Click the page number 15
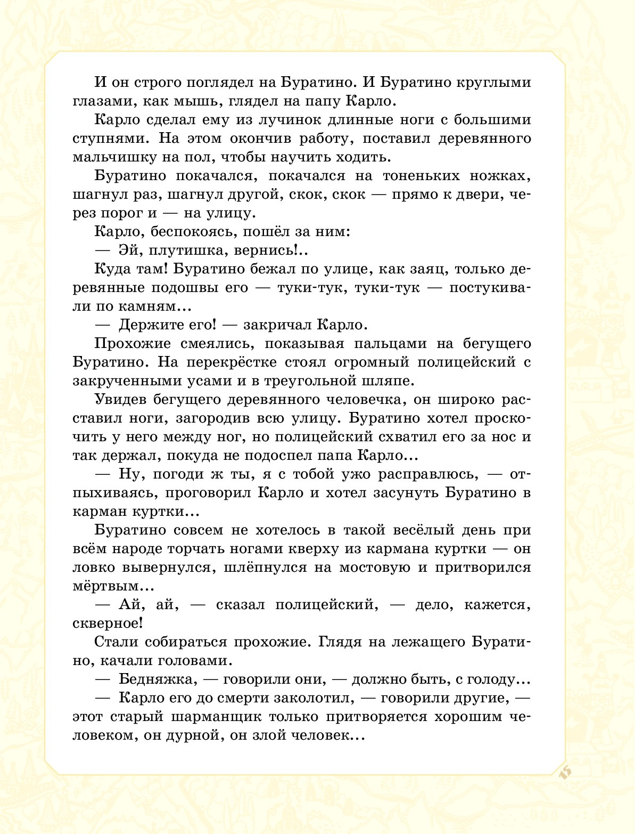point(565,771)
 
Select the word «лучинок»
point(252,120)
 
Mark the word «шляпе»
point(386,381)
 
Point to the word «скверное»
point(106,624)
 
